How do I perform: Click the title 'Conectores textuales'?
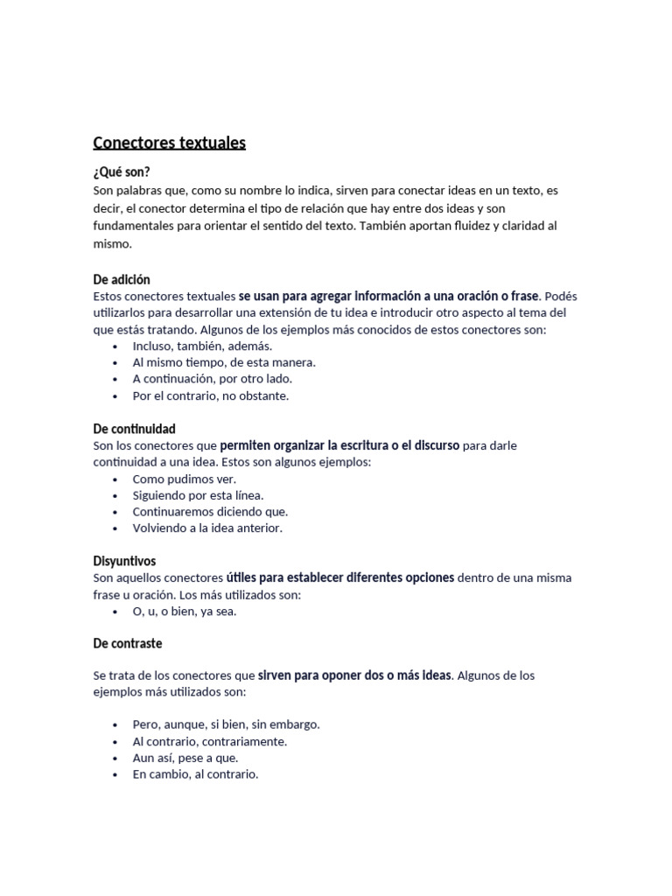(170, 143)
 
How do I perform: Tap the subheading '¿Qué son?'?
(128, 172)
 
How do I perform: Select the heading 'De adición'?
(122, 280)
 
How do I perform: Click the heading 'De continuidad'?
(134, 429)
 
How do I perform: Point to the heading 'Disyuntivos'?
(124, 561)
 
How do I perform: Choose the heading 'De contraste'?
(127, 643)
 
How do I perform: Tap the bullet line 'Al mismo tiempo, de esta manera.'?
(224, 362)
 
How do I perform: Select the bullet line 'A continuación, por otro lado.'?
(212, 379)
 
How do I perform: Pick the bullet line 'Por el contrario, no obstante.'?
(210, 395)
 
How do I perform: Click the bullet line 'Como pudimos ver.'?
(185, 479)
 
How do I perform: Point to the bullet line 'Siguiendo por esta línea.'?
(198, 495)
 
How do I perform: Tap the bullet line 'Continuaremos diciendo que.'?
(210, 512)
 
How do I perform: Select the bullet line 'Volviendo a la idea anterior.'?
(207, 528)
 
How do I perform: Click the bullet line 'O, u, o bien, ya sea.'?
(185, 611)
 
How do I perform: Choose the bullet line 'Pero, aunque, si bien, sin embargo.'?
(226, 724)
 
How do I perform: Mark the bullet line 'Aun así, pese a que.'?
(185, 758)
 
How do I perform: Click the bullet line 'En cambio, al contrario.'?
(195, 774)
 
